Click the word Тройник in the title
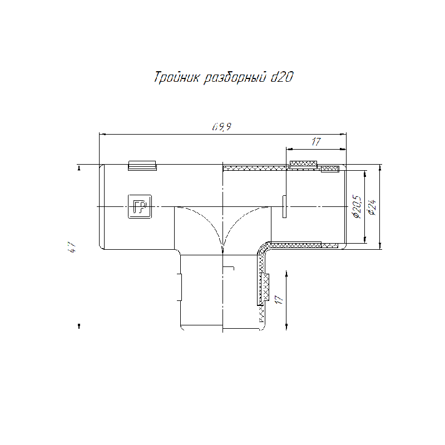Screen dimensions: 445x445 pos(177,77)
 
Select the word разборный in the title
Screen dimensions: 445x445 pos(235,78)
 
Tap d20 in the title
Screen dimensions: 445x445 pos(281,77)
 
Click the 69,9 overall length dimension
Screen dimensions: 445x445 pos(221,127)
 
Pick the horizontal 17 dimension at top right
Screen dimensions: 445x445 pos(316,142)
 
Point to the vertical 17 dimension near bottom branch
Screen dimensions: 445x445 pos(279,300)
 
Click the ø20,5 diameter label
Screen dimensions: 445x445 pos(357,206)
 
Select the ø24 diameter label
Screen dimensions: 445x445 pos(372,207)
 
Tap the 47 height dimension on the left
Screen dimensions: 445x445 pos(72,247)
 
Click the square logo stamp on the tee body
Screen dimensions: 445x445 pos(140,206)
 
